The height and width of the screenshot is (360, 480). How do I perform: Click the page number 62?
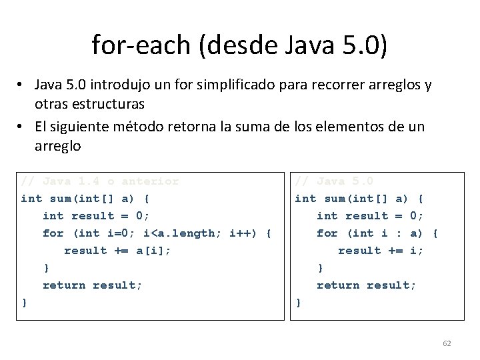click(x=447, y=343)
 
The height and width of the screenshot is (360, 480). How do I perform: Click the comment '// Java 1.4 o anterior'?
click(x=100, y=181)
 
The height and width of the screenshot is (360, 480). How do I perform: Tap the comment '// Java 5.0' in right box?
click(x=334, y=181)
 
